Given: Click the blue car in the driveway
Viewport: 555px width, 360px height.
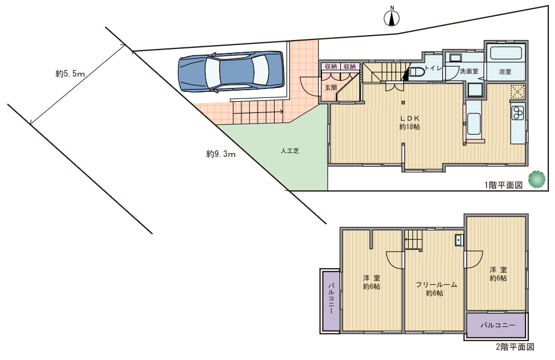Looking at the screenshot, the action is click(x=232, y=71).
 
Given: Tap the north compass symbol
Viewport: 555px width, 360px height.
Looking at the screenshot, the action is click(x=392, y=17).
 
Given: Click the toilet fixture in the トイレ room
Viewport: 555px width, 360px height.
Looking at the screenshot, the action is click(x=415, y=72).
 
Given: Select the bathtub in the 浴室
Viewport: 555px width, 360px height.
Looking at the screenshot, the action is click(x=506, y=53).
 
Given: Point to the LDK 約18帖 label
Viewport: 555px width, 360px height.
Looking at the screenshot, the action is click(x=410, y=122).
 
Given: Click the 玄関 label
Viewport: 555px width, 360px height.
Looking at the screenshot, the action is click(x=331, y=87).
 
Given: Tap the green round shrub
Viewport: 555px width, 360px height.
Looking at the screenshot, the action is click(x=537, y=179).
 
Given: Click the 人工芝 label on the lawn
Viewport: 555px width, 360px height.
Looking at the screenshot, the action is click(x=290, y=151).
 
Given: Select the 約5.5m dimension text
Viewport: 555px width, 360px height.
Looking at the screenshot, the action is click(x=70, y=73).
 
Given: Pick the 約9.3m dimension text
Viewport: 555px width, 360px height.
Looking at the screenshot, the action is click(x=221, y=154).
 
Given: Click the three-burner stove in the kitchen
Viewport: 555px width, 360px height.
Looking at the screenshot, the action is click(x=518, y=112).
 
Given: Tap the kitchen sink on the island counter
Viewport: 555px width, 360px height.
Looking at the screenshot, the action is click(x=473, y=124).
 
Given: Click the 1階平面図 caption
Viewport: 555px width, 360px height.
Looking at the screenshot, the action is click(x=503, y=185).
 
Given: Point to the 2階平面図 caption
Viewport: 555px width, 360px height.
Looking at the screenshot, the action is click(x=515, y=347).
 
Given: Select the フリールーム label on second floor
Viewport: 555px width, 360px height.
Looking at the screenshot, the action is click(x=437, y=284).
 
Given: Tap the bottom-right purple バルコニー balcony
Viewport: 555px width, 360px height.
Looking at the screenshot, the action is click(x=496, y=325).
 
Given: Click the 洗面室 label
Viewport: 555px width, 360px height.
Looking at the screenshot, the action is click(x=469, y=71).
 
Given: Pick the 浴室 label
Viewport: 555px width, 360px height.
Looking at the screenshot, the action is click(x=505, y=72).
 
